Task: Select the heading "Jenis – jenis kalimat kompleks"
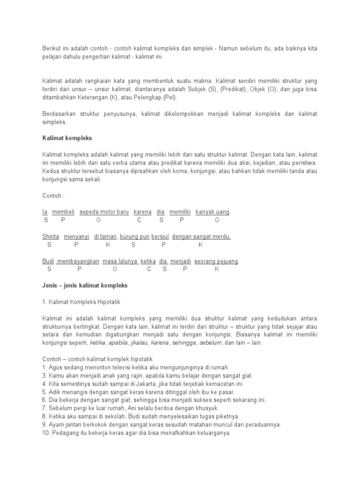click(x=85, y=285)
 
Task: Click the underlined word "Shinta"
click(x=51, y=237)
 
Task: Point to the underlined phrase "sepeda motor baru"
click(x=104, y=212)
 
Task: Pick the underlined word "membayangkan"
click(x=78, y=261)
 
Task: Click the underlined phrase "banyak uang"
click(x=212, y=212)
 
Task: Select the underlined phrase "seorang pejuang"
click(x=216, y=261)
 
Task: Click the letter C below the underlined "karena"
click(x=139, y=220)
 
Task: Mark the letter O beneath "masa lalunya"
click(x=115, y=269)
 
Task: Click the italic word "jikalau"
click(x=139, y=343)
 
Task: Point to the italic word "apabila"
click(x=118, y=343)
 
